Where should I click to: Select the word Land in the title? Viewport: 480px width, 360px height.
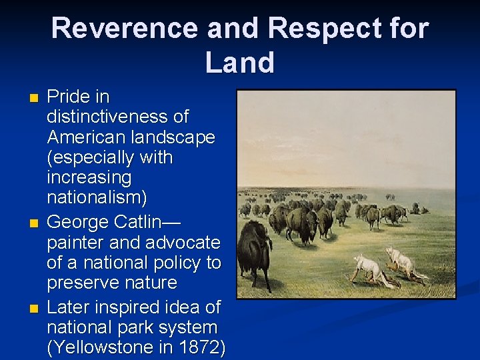240,63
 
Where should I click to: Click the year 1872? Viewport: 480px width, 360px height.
201,348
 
